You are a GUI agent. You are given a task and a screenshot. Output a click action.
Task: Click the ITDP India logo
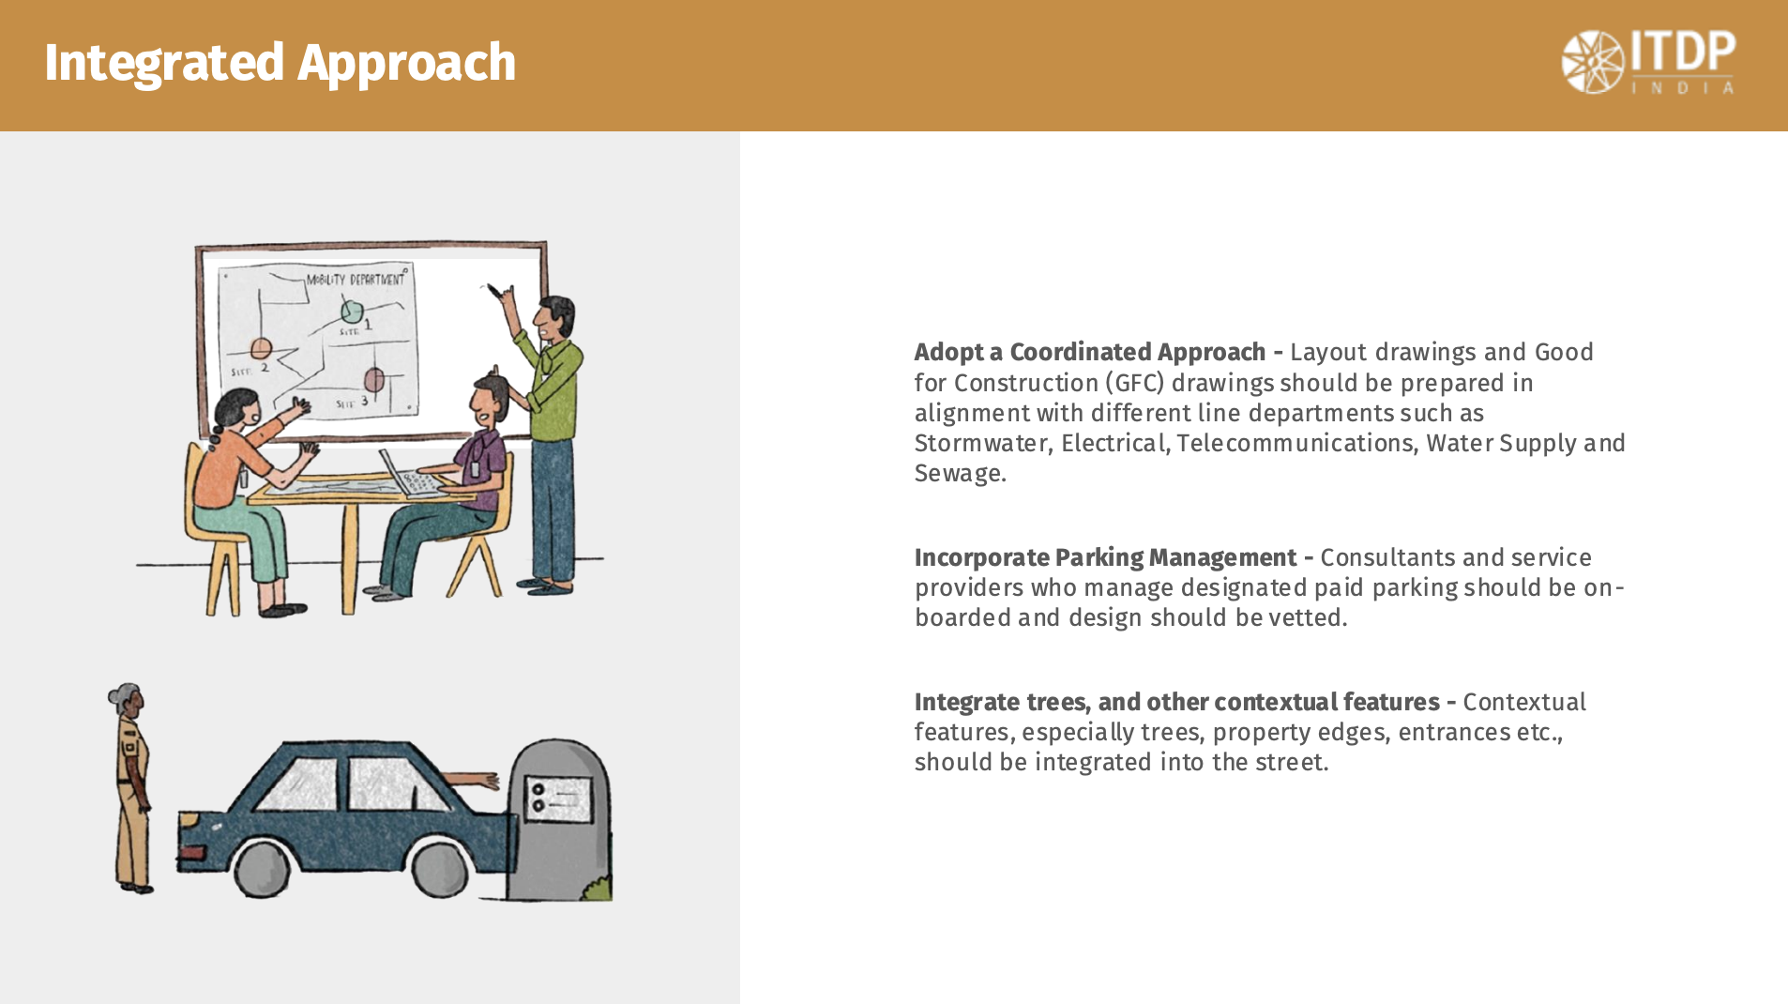(x=1648, y=62)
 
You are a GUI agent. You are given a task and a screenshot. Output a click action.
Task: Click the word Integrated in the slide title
(x=164, y=63)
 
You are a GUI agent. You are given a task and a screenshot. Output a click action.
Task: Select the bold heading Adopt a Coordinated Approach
(x=1090, y=352)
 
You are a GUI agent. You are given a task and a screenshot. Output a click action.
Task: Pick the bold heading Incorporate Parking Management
(x=1105, y=557)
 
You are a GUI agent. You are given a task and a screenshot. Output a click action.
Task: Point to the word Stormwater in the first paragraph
(x=980, y=443)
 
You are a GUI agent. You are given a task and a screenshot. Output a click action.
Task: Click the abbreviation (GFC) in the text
(x=1134, y=383)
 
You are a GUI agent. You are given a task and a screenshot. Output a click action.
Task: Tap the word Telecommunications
(x=1296, y=443)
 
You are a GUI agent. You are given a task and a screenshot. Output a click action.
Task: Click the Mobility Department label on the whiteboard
(x=356, y=279)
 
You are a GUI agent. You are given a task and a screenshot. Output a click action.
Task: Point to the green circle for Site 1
(x=352, y=310)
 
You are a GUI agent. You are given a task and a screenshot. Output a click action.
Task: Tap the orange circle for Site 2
(x=261, y=350)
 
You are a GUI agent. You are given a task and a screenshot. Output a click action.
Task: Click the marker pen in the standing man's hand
(x=493, y=291)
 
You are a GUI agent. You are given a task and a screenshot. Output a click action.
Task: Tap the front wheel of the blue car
(x=438, y=868)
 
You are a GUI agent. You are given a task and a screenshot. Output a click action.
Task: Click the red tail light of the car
(x=191, y=853)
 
